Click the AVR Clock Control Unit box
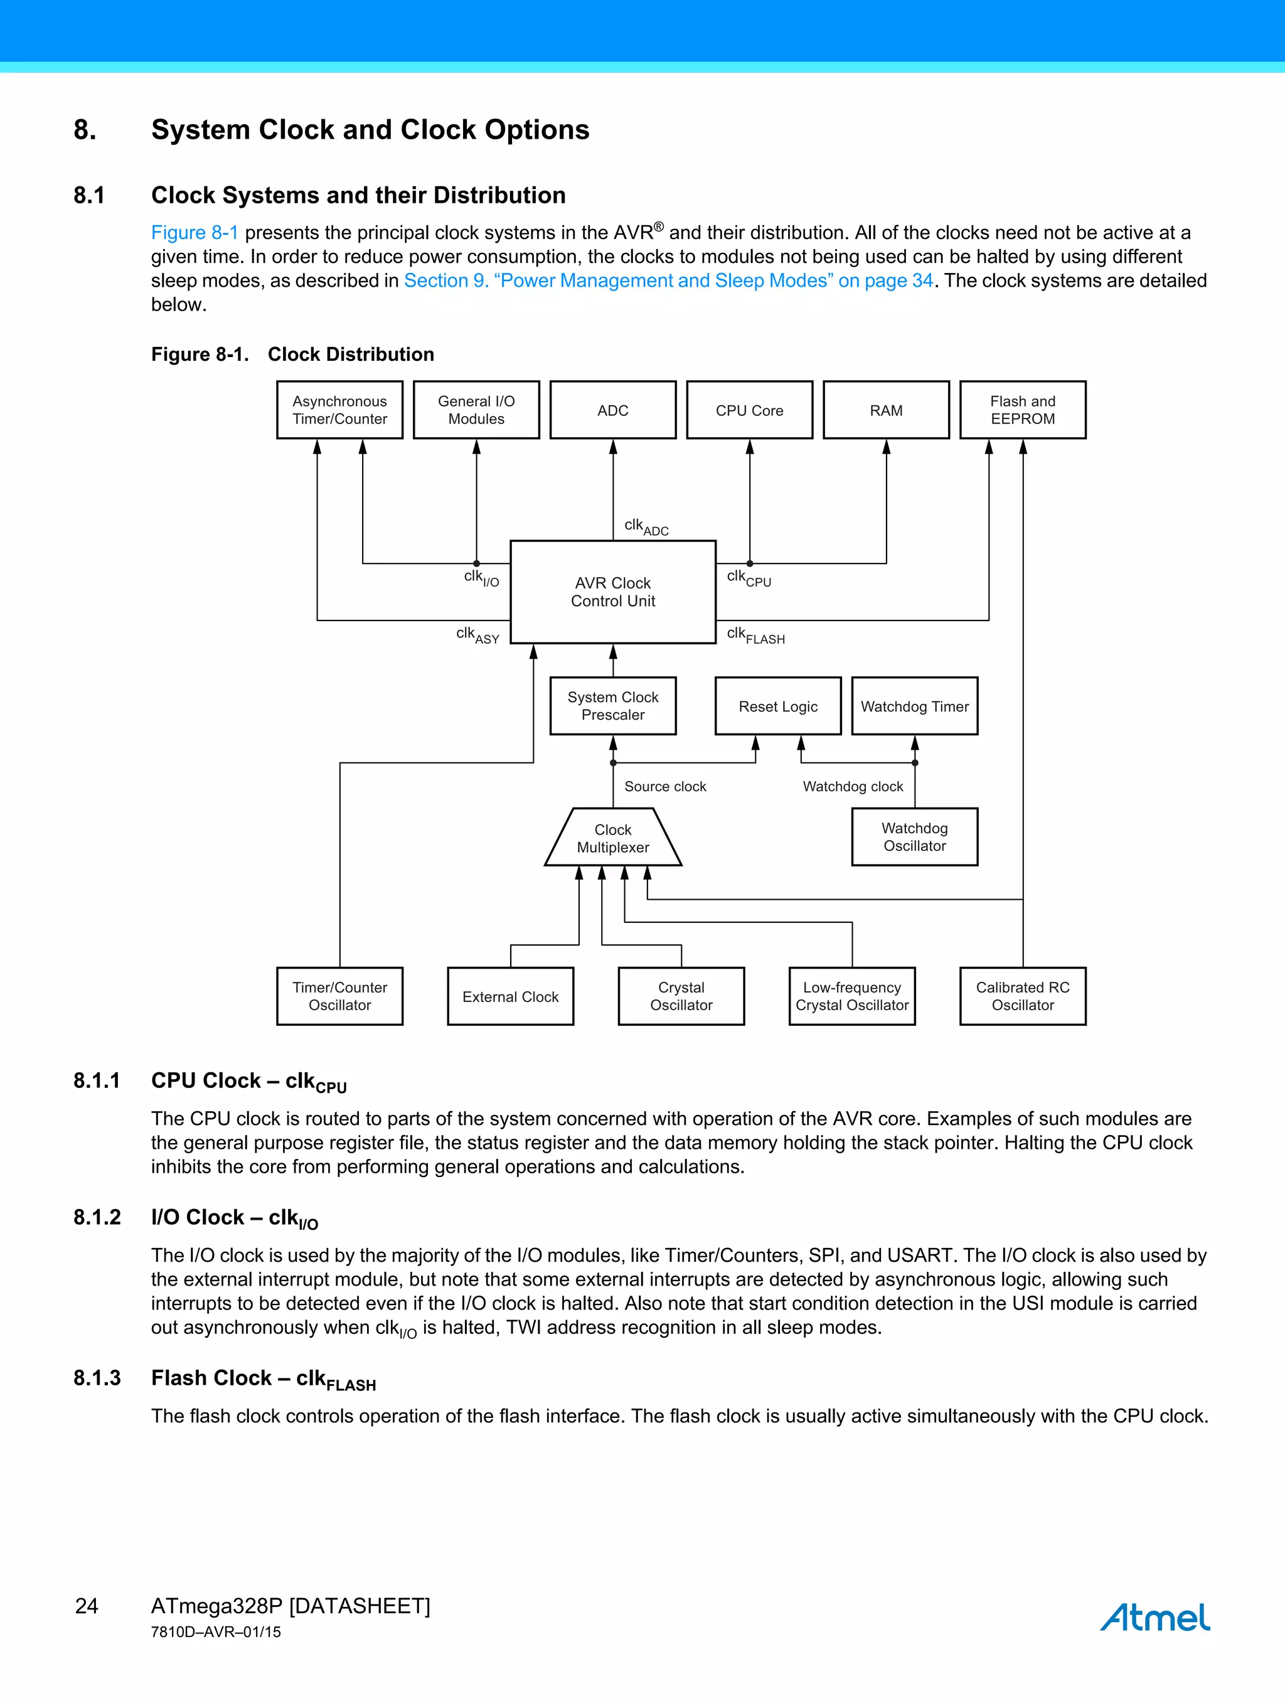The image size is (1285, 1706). (x=612, y=592)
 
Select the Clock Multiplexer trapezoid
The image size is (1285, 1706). (x=612, y=838)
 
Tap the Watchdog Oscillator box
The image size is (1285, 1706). (x=914, y=837)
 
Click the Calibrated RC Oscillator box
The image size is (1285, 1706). (x=1022, y=996)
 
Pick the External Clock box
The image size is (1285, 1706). (x=510, y=996)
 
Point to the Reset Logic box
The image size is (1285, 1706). (x=777, y=706)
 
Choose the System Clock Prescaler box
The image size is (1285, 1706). (x=612, y=706)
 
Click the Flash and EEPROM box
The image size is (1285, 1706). (x=1022, y=410)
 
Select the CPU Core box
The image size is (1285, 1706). (x=749, y=410)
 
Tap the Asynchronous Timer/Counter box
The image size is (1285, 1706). (x=339, y=410)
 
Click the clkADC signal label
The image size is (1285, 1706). (x=646, y=527)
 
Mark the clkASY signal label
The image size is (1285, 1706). (x=477, y=635)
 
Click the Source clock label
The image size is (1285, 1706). (x=665, y=786)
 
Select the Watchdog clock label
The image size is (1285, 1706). (x=852, y=786)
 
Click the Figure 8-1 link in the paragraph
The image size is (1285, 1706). (x=195, y=232)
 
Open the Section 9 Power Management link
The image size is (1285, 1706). (x=668, y=280)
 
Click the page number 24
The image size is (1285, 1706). (x=87, y=1606)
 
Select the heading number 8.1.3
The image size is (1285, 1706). (x=97, y=1377)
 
